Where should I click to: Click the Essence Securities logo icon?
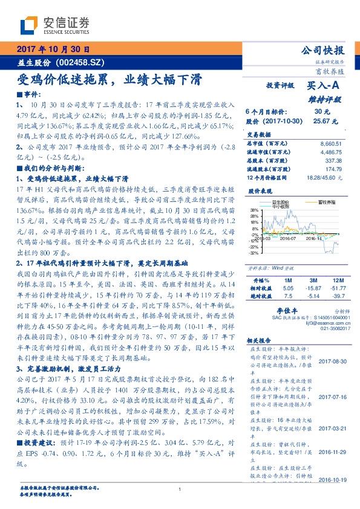click(x=31, y=25)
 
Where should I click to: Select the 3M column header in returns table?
click(x=312, y=281)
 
